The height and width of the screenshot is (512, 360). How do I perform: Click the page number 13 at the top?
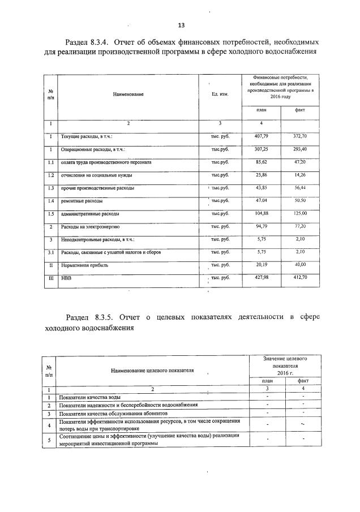coord(181,25)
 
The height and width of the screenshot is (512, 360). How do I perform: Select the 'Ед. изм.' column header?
coord(220,94)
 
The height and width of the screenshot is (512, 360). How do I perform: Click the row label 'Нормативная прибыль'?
coord(86,265)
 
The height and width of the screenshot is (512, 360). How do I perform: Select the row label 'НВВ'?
coord(67,278)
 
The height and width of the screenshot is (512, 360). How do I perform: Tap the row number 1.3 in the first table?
coord(50,188)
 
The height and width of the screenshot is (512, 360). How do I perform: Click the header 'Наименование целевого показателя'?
coord(153,370)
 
